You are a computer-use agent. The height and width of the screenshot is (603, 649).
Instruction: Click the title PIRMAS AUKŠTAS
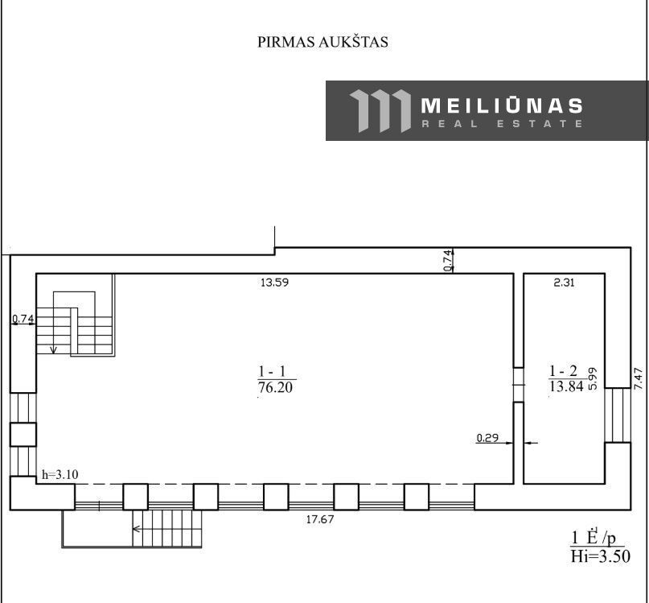tap(322, 42)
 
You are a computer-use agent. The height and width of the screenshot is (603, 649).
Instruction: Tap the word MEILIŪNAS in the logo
tap(502, 105)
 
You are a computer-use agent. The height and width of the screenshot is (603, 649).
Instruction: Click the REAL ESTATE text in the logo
tap(502, 123)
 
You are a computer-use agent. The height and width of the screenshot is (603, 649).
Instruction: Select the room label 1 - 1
tap(273, 370)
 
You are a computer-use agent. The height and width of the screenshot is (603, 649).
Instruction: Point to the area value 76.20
tap(275, 387)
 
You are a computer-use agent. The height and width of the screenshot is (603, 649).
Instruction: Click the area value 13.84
tap(567, 386)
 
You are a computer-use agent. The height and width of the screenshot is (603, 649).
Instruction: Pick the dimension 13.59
tap(274, 283)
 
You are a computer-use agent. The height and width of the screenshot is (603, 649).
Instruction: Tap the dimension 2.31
tap(564, 283)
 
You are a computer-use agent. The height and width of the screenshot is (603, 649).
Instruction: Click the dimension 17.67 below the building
tap(320, 519)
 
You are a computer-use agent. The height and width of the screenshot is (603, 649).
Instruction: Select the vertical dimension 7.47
tap(639, 378)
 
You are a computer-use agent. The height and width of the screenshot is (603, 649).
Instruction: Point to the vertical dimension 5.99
tap(593, 379)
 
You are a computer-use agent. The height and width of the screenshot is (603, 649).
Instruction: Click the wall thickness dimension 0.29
tap(487, 438)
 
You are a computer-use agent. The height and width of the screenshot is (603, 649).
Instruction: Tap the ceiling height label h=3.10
tap(60, 474)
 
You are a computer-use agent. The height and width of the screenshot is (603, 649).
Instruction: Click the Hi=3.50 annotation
tap(601, 556)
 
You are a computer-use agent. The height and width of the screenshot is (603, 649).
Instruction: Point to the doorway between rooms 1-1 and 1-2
tap(519, 385)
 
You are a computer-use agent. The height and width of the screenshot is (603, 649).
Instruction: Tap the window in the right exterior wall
tap(618, 415)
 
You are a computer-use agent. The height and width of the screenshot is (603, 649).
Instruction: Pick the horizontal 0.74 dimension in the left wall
tap(23, 319)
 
